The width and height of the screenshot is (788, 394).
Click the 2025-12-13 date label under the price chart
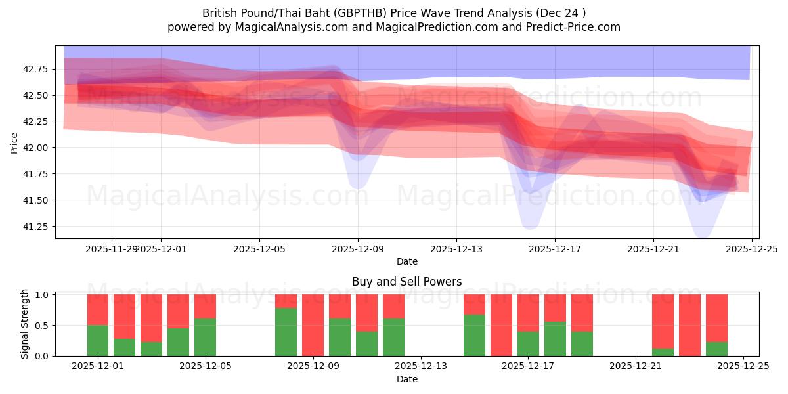click(456, 249)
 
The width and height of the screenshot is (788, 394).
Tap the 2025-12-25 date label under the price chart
click(751, 249)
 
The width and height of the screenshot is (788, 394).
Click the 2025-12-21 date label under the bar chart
click(636, 366)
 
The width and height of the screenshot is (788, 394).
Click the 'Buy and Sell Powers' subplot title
click(406, 282)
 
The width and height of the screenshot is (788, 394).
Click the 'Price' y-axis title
click(14, 142)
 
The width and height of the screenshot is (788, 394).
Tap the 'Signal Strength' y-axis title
click(25, 324)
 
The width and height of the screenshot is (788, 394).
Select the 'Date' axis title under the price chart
click(406, 261)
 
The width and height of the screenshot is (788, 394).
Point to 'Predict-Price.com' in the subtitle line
click(573, 27)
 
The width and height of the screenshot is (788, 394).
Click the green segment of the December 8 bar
click(286, 332)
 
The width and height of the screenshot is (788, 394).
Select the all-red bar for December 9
click(313, 325)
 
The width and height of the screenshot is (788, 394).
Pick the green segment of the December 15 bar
click(474, 336)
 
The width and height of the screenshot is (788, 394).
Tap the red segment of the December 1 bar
click(98, 309)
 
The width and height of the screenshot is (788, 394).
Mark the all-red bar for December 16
click(501, 325)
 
